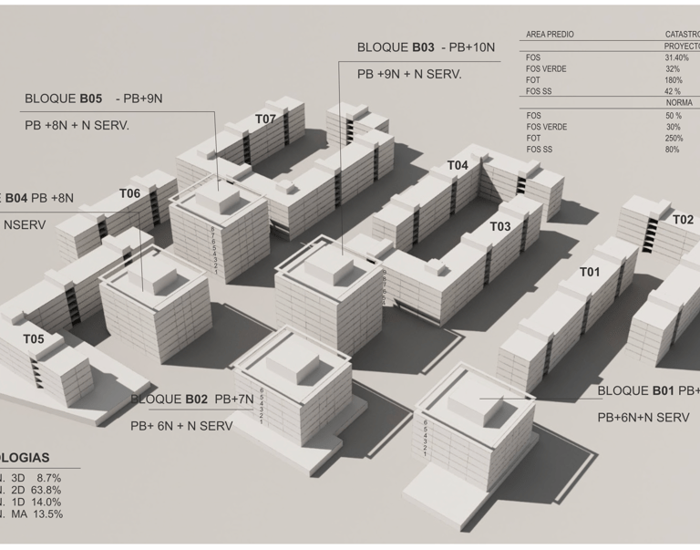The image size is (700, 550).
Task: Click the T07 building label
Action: (265, 119)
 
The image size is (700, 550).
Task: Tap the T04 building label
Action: (458, 165)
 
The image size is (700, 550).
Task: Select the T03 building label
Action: (500, 226)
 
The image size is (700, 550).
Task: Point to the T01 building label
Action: (590, 272)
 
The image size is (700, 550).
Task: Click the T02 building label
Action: (683, 220)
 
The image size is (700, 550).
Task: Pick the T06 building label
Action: (129, 193)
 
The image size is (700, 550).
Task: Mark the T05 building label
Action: (34, 339)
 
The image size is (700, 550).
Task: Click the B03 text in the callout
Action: (423, 47)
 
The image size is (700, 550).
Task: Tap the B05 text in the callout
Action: (90, 98)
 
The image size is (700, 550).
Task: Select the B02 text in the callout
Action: (196, 399)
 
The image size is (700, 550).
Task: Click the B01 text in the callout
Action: (663, 390)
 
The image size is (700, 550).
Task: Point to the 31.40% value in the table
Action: (677, 57)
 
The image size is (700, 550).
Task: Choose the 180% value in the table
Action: (674, 80)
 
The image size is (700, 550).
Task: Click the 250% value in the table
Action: (674, 138)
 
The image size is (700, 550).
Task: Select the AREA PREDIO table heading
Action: (551, 35)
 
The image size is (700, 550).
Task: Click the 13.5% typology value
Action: (47, 514)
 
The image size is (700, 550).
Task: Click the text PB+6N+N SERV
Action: (643, 417)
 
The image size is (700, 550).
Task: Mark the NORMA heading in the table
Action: (679, 103)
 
